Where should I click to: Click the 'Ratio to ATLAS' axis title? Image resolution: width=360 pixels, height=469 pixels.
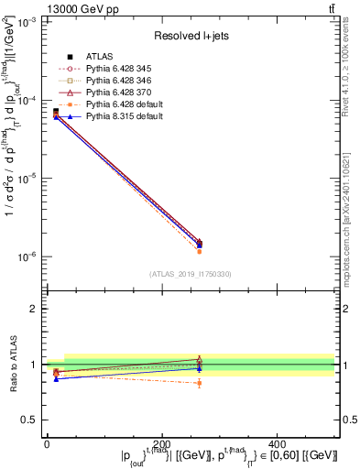pos(11,365)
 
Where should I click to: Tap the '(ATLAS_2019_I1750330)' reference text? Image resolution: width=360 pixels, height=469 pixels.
pos(190,274)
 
